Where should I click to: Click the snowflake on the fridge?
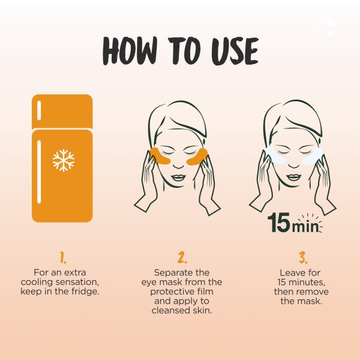pyautogui.click(x=63, y=160)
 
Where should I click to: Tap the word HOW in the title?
pyautogui.click(x=128, y=51)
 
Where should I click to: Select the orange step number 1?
pyautogui.click(x=63, y=258)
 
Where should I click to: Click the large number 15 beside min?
pyautogui.click(x=280, y=222)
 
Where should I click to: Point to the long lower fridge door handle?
pyautogui.click(x=40, y=171)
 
